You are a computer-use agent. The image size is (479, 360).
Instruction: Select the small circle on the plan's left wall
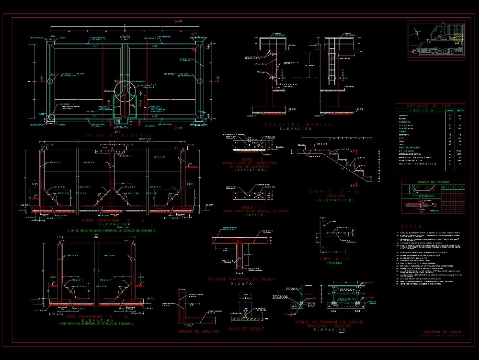[x=50, y=81]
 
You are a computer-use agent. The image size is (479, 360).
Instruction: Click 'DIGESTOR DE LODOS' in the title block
[x=442, y=332]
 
